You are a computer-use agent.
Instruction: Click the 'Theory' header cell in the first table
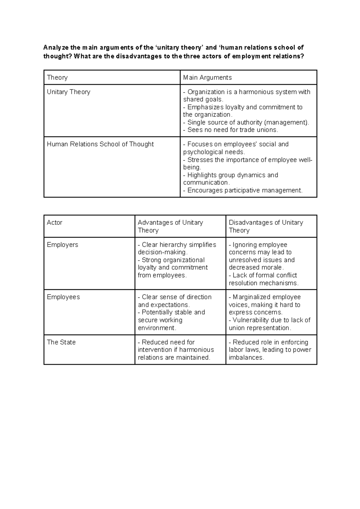tap(57, 77)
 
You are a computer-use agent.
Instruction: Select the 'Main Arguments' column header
tap(207, 77)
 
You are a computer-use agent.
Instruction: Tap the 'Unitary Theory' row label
tap(68, 92)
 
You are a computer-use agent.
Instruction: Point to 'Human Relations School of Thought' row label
tap(100, 144)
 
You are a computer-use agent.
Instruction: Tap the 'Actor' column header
tap(55, 222)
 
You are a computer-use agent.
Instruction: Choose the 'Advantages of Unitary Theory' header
tap(170, 226)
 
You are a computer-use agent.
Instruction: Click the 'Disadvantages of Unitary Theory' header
tap(265, 226)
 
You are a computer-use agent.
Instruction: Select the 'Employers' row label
tap(62, 245)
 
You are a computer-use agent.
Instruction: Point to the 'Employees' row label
tap(63, 297)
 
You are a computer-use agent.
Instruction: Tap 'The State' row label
tap(61, 342)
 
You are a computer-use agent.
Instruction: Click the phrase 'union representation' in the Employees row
tap(259, 328)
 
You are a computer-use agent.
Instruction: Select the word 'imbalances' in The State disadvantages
tap(246, 357)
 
